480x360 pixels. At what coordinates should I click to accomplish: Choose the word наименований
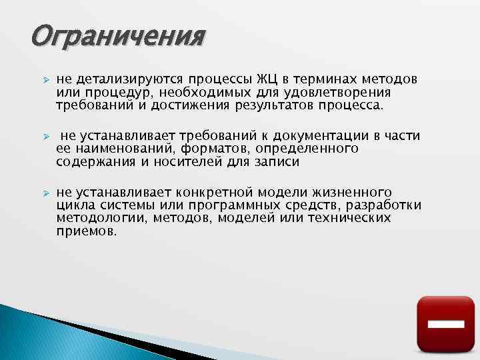(115, 148)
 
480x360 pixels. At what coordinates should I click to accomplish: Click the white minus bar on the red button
(445, 325)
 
